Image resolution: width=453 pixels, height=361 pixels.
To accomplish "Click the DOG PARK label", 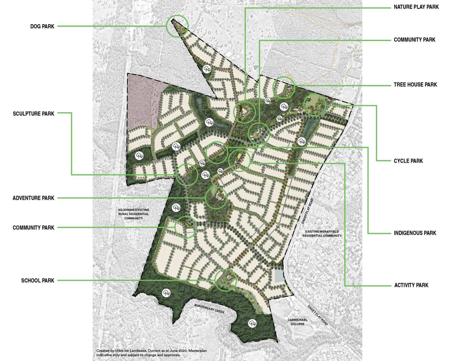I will pos(42,27).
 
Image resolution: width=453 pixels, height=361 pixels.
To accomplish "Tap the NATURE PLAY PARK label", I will pos(416,7).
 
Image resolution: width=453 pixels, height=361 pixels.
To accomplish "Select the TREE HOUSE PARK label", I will pos(415,85).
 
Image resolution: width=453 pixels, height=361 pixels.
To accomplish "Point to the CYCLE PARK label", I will pos(408,161).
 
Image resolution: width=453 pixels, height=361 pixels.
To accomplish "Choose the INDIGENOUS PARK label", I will pos(415,233).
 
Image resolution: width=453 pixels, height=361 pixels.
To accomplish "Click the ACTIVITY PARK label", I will pos(411,285).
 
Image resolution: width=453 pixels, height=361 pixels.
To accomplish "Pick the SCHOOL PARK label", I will pos(38,281).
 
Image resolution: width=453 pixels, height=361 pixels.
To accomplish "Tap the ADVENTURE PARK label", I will pos(33,198).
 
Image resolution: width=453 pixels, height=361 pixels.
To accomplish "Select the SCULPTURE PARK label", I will pos(33,114).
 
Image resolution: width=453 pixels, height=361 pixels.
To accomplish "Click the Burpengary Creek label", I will pos(209,309).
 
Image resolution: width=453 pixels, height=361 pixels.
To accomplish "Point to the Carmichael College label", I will pos(297,322).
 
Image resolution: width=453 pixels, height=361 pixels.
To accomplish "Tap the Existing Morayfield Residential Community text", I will pos(322,233).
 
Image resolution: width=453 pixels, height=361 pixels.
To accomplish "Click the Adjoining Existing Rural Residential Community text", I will pos(134,214).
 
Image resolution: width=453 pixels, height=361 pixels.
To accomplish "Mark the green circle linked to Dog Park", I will pos(177,26).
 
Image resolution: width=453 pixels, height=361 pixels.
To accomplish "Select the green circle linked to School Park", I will pos(226,280).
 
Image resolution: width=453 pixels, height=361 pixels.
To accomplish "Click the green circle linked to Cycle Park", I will pos(315,105).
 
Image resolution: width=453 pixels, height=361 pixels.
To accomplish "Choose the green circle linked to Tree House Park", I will pos(284,87).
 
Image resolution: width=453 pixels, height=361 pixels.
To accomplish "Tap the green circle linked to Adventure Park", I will pos(216,198).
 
